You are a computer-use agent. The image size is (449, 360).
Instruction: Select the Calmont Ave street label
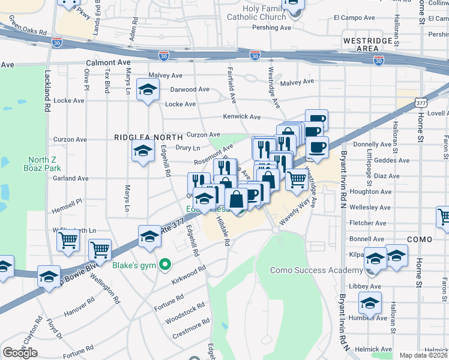109,62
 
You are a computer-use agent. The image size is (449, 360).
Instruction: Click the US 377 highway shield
424,101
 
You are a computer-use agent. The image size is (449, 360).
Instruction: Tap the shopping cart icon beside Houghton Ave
297,178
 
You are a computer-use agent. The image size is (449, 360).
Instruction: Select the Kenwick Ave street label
241,116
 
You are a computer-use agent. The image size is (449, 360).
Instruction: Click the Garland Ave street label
70,178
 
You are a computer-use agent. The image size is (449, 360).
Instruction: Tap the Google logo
20,353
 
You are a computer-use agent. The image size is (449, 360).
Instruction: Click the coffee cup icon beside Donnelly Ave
317,146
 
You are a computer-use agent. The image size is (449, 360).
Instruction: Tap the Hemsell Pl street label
67,203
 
